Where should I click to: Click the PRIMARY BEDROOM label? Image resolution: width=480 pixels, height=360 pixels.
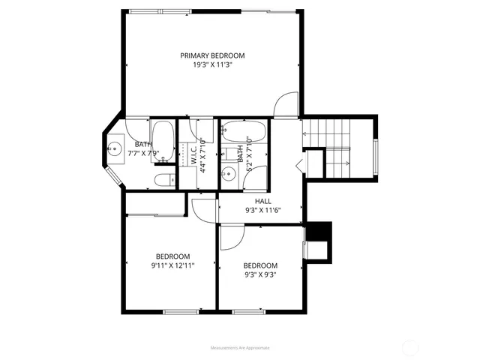(212, 55)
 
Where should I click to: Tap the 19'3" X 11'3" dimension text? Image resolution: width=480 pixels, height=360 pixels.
(212, 64)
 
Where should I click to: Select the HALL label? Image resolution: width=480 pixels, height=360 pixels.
(262, 201)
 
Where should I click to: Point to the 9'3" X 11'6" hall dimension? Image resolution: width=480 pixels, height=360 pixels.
(262, 210)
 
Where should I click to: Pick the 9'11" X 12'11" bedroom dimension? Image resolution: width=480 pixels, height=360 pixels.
(172, 265)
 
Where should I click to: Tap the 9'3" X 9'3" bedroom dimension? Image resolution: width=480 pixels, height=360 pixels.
(260, 274)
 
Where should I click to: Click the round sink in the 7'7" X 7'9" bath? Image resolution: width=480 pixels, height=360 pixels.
(115, 148)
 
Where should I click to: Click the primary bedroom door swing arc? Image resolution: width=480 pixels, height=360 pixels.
(286, 105)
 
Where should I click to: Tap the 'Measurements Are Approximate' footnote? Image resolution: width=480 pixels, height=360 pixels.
(239, 348)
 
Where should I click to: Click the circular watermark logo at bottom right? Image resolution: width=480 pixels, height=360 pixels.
(412, 347)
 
